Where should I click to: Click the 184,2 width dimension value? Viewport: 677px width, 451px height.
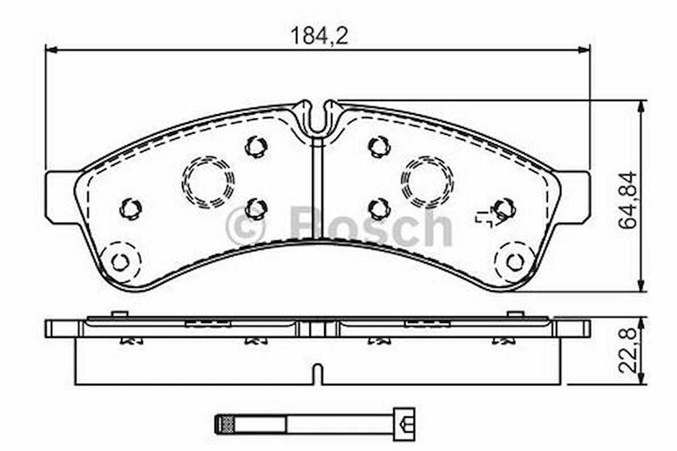318,36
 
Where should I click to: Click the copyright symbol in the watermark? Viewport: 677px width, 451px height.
246,226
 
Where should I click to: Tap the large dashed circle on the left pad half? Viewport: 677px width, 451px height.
208,181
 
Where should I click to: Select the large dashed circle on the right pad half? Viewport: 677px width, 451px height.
427,182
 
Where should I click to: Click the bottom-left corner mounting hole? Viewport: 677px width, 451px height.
120,262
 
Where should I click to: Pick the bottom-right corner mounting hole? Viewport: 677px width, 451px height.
515,262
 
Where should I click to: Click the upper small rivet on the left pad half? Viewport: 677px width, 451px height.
256,146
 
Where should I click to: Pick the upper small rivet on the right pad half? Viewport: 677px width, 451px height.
379,147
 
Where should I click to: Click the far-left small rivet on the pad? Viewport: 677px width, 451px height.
130,208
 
